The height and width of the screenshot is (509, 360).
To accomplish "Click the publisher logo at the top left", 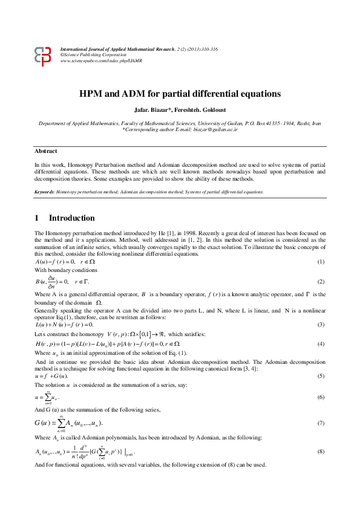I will [x=44, y=56].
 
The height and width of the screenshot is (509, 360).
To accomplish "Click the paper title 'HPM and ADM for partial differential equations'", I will [x=180, y=94].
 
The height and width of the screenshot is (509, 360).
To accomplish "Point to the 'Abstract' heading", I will [x=46, y=151].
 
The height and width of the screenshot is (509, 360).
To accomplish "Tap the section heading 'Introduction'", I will [x=71, y=218].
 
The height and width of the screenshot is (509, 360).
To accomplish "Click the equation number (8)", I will [x=321, y=452].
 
